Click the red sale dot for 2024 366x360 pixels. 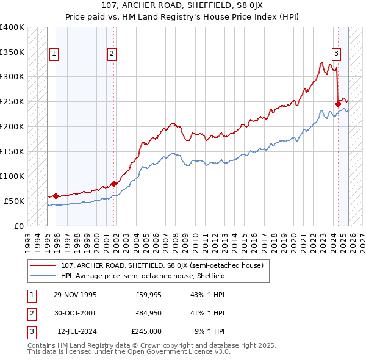(x=338, y=104)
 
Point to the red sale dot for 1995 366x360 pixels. (x=56, y=196)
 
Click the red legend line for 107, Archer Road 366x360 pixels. (x=44, y=265)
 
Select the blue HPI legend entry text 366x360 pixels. (x=143, y=276)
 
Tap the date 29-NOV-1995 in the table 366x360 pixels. (x=75, y=295)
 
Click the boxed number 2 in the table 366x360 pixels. (x=30, y=313)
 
